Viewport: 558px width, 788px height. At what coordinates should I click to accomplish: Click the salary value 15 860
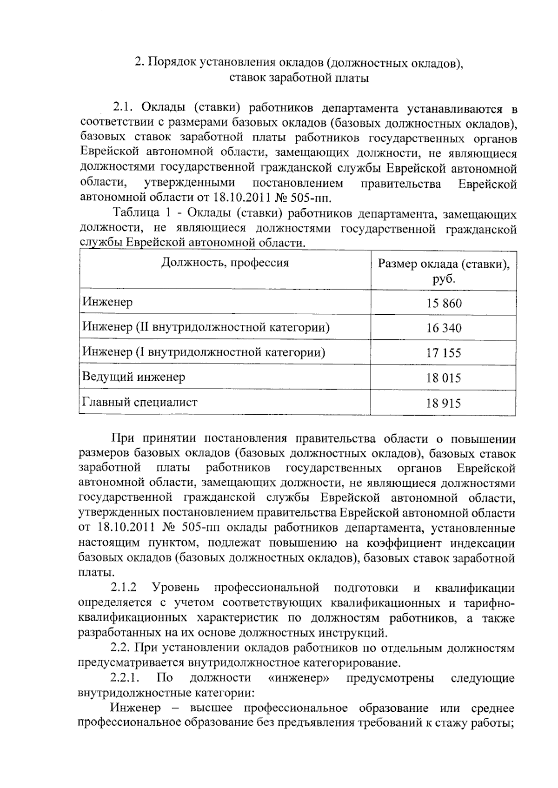(444, 304)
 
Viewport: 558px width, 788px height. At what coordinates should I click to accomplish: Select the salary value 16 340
(444, 328)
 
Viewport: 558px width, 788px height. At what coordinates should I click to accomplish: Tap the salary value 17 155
(444, 353)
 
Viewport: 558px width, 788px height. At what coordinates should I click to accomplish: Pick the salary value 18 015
(444, 378)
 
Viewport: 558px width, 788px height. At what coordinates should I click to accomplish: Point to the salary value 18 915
(444, 403)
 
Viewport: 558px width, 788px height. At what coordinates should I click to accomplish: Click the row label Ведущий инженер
(133, 377)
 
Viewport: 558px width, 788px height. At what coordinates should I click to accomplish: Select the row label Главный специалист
(139, 402)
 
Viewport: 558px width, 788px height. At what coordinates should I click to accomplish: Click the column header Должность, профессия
(225, 263)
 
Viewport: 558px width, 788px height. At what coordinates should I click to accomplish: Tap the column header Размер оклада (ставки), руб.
(443, 271)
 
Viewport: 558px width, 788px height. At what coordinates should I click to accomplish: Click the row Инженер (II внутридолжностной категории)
(206, 327)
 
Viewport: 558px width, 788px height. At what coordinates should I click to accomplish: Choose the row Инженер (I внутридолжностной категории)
(204, 352)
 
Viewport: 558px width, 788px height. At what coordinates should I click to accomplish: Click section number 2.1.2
(124, 588)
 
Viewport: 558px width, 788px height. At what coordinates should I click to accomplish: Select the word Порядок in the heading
(172, 62)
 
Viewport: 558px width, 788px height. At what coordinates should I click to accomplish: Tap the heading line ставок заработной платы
(299, 78)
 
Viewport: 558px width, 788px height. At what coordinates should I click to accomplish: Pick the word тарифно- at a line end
(489, 603)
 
